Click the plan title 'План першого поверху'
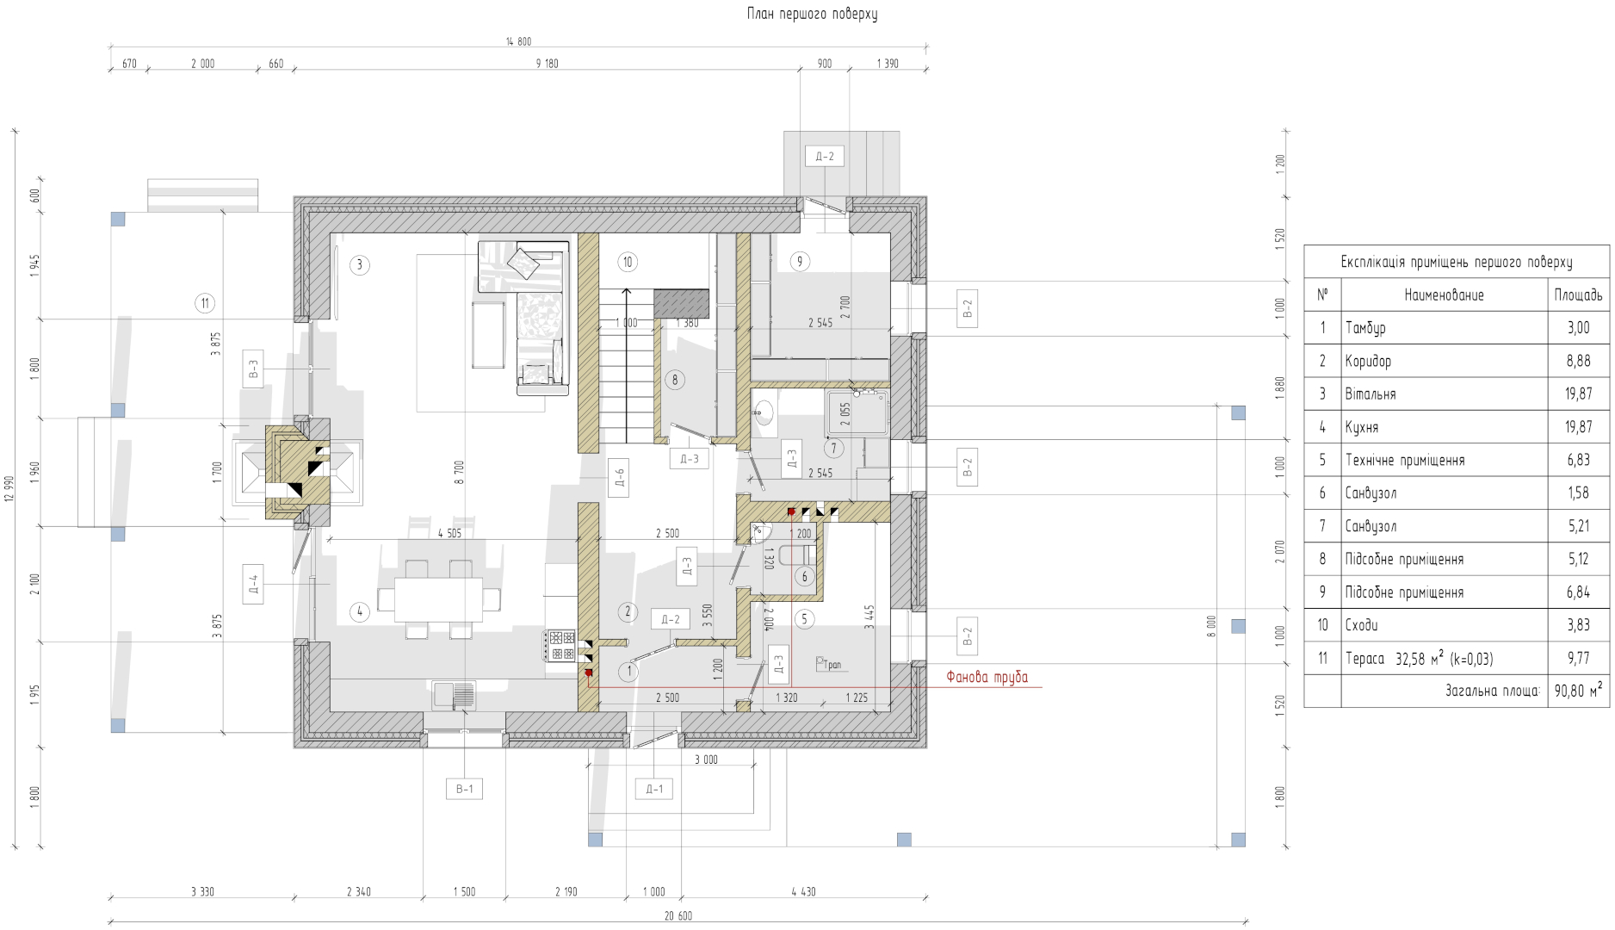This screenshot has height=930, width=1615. click(x=812, y=14)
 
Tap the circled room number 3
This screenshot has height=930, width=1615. click(x=360, y=264)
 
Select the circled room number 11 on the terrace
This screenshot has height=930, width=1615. click(x=205, y=303)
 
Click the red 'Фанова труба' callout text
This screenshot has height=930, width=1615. click(x=987, y=677)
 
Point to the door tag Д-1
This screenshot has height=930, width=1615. click(x=654, y=789)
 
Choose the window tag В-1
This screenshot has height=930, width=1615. click(x=464, y=789)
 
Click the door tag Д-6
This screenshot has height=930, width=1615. click(x=618, y=478)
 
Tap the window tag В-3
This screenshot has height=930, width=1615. click(x=253, y=369)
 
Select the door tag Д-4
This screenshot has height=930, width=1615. click(x=253, y=584)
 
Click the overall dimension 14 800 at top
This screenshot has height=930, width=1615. click(x=518, y=41)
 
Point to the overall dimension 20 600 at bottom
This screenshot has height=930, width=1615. click(x=678, y=916)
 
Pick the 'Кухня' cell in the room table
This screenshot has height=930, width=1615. click(x=1362, y=427)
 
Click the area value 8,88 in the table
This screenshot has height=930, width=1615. click(x=1578, y=361)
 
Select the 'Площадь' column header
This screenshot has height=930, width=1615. click(x=1578, y=294)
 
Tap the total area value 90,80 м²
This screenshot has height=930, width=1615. click(x=1578, y=691)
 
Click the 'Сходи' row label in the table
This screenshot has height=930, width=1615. click(x=1363, y=625)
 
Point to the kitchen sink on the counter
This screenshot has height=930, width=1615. click(x=454, y=695)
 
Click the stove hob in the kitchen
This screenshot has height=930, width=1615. click(x=560, y=646)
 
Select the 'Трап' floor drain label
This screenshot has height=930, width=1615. click(x=829, y=664)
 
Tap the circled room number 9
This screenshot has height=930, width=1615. click(x=800, y=261)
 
